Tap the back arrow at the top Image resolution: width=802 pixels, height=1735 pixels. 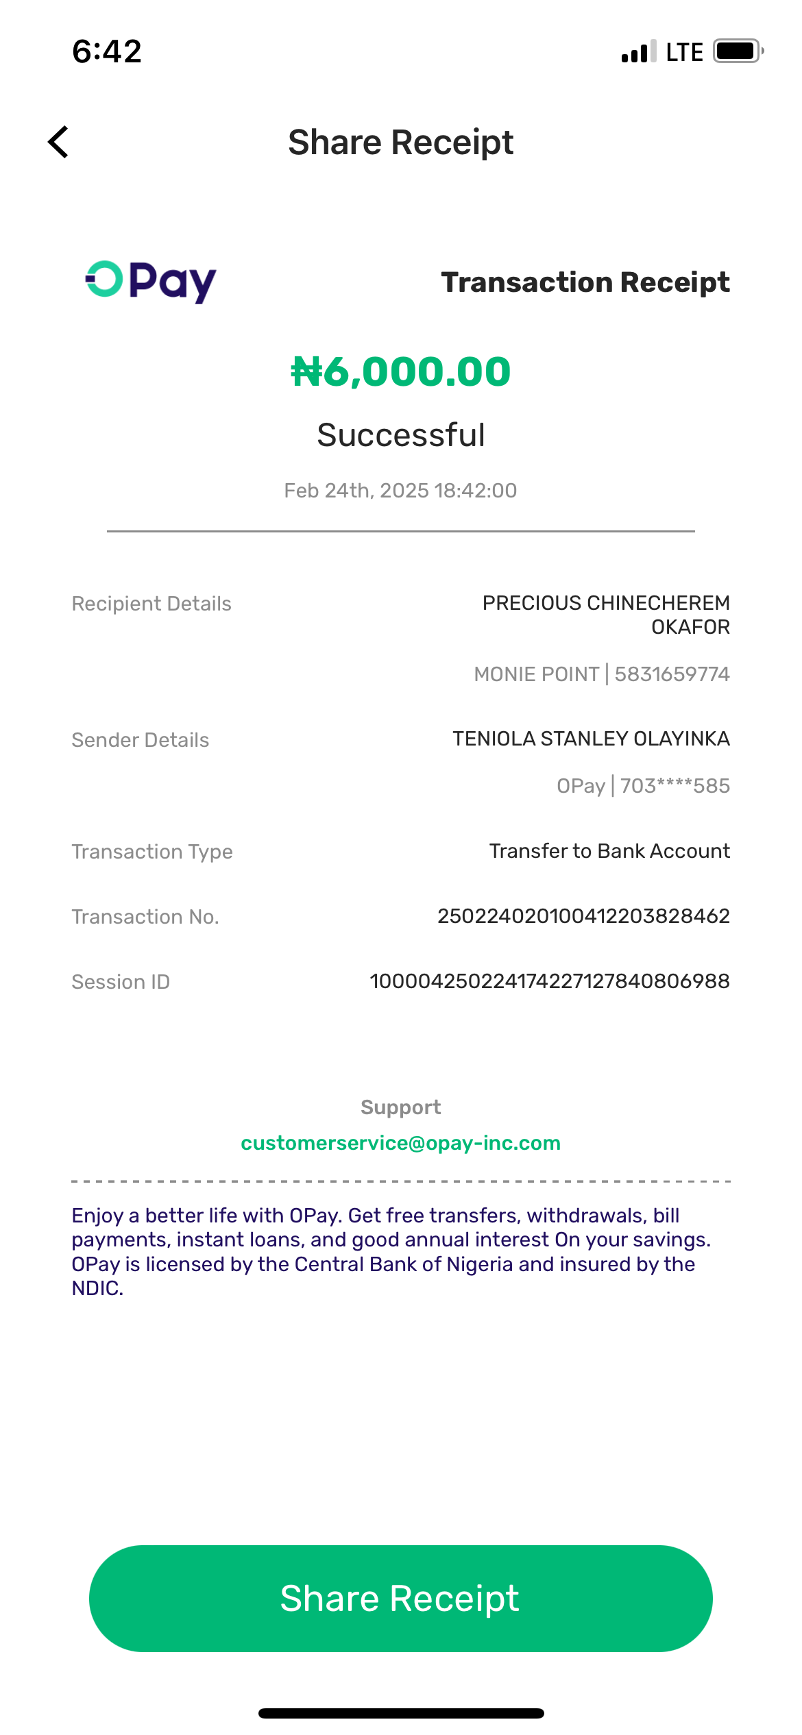tap(59, 142)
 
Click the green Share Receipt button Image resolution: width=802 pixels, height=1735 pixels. tap(400, 1598)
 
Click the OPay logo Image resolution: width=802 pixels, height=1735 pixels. tap(151, 281)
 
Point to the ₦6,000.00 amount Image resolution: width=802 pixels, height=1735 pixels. tap(401, 371)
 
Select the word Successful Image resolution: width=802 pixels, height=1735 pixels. tap(401, 435)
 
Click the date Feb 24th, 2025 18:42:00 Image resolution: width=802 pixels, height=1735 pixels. tap(400, 491)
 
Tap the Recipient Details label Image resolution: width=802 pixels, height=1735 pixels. tap(151, 604)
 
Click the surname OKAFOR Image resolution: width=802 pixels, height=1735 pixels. tap(690, 627)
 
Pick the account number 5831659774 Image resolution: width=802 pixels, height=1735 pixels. tap(672, 674)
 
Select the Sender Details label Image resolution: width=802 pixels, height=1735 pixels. tap(141, 740)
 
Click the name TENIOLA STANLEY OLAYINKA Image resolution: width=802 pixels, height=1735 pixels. tap(591, 739)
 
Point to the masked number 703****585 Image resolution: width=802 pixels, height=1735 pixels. tap(675, 786)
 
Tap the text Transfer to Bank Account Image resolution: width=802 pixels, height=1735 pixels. tap(609, 851)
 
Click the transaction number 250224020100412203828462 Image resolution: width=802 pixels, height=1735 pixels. tap(583, 916)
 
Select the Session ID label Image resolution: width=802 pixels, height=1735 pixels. tap(121, 982)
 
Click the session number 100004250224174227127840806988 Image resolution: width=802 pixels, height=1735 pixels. tap(549, 981)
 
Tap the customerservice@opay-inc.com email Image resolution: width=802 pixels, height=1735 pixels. tap(400, 1143)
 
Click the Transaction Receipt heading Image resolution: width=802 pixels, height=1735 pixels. tap(585, 282)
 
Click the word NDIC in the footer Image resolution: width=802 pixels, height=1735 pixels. tap(96, 1289)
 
